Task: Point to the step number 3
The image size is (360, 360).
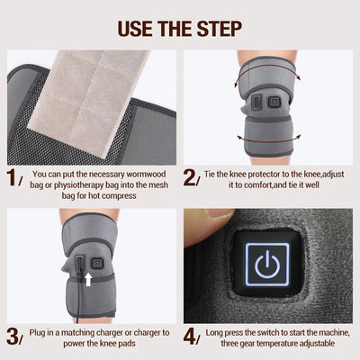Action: pos(11,337)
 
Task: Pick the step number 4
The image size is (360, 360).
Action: pos(190,337)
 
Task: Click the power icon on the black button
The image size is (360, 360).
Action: pos(266,267)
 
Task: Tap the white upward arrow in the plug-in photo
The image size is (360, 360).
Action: pos(87,281)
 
